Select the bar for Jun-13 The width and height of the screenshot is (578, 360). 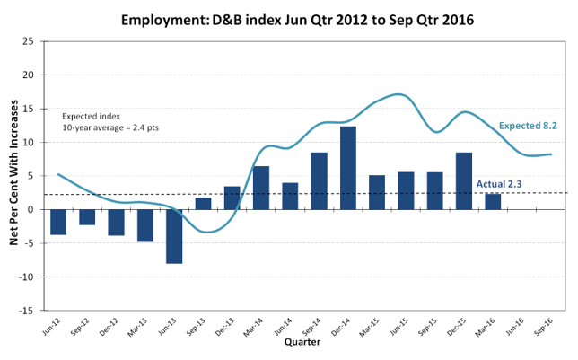click(174, 236)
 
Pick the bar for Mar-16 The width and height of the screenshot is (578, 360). click(493, 202)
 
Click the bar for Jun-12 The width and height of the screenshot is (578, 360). click(58, 222)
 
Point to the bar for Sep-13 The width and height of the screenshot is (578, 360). click(203, 204)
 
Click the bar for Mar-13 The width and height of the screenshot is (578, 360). click(145, 225)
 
